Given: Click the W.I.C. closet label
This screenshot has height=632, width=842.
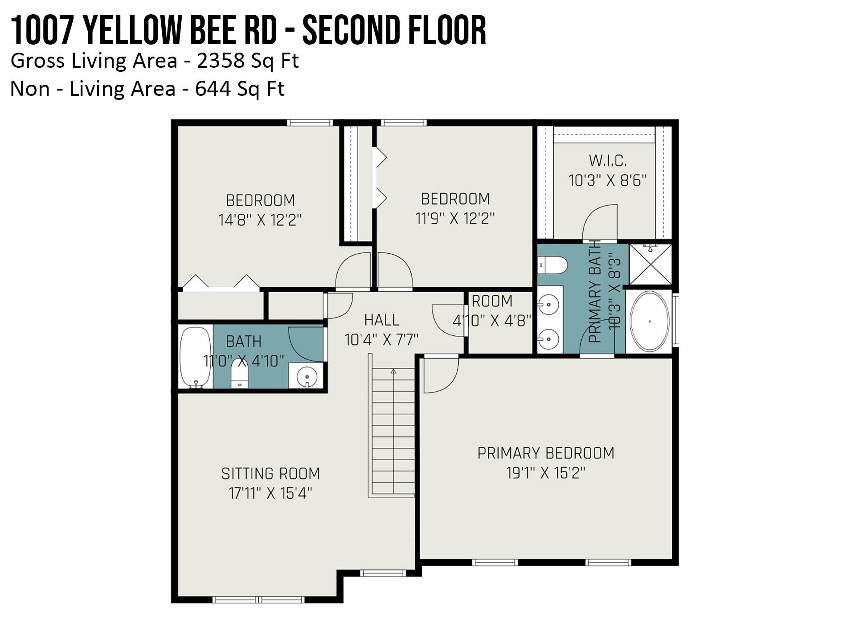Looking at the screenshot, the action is pos(608,161).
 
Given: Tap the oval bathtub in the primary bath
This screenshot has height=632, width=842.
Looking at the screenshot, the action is pos(650,321).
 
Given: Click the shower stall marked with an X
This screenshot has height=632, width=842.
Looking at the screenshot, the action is pos(650,264).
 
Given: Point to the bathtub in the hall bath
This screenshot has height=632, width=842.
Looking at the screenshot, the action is pos(195,357).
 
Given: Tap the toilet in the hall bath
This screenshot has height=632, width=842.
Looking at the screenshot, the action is pos(239,374).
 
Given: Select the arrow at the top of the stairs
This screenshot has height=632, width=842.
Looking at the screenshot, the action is pos(393,372).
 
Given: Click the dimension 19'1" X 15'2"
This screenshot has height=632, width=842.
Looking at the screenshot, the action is pos(546,473).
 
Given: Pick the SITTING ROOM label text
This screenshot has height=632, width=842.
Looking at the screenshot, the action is pos(270,474).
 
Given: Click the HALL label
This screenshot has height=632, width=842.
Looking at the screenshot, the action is pos(382,320).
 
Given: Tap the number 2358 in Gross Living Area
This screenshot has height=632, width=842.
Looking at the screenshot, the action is pos(221,61).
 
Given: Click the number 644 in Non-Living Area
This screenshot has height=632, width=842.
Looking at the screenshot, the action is pos(213,89).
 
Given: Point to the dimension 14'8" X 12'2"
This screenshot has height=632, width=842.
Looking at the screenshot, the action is pos(260,220).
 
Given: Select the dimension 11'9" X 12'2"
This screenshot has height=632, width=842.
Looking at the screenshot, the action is pos(455,219).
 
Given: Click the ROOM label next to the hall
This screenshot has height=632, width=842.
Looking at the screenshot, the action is pos(492,302).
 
